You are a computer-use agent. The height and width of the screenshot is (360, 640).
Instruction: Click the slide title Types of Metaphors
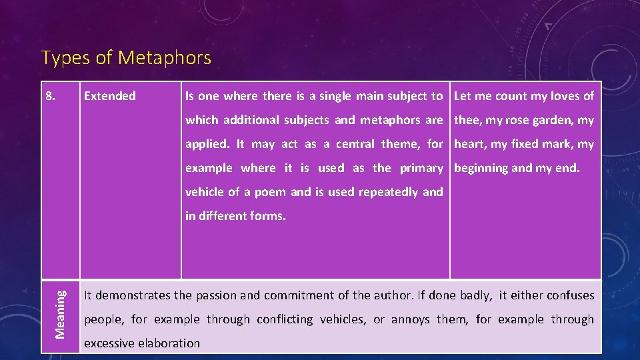point(126,58)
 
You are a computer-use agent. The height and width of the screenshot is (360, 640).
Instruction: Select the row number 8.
point(51,96)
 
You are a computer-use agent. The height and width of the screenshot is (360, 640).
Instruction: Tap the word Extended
point(109,96)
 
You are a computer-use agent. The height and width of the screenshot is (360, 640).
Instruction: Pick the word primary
point(421,168)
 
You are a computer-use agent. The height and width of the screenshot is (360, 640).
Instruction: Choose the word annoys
point(411,319)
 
